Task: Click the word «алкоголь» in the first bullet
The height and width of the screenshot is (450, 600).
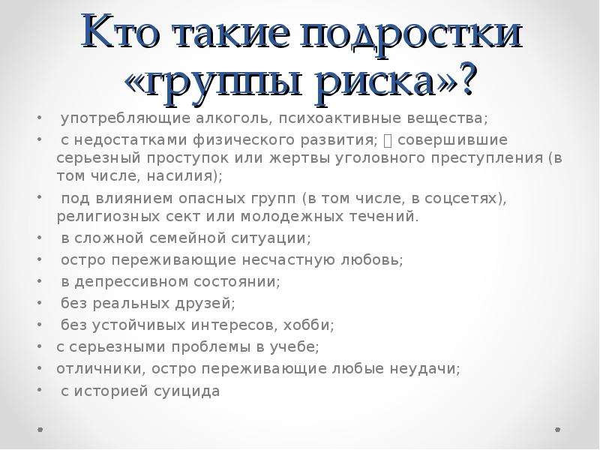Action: [233, 118]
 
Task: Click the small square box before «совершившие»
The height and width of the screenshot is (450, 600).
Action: [388, 141]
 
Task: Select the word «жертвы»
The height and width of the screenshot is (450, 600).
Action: [298, 158]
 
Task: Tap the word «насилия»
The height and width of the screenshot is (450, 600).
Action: [179, 176]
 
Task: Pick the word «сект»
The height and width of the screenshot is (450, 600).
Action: [182, 217]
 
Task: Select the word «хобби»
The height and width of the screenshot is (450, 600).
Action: [306, 325]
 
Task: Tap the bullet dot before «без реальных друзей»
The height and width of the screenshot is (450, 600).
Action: [40, 303]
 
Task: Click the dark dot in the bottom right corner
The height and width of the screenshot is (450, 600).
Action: [557, 430]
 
